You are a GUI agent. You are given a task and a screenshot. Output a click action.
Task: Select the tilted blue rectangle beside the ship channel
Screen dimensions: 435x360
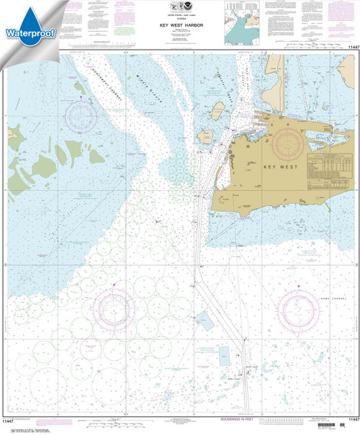[x=205, y=318]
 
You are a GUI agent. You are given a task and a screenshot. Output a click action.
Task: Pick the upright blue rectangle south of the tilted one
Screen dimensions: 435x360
[x=224, y=354]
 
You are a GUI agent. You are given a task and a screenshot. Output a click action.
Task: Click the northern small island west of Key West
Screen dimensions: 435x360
[x=215, y=109]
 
